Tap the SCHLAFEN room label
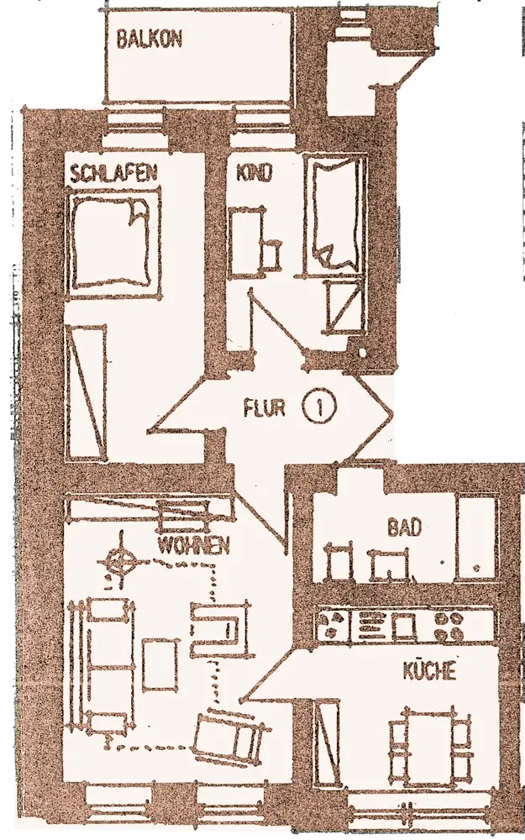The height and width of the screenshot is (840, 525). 114,174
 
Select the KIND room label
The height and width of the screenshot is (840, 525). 255,174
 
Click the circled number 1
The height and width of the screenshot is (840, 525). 320,408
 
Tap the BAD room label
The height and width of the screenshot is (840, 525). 404,528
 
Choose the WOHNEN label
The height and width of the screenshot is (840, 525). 194,545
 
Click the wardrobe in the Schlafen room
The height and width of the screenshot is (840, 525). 86,392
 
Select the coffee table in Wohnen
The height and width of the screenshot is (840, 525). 161,664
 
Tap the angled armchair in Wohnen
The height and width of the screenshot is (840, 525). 231,735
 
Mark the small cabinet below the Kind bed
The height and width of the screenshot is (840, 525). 342,308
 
